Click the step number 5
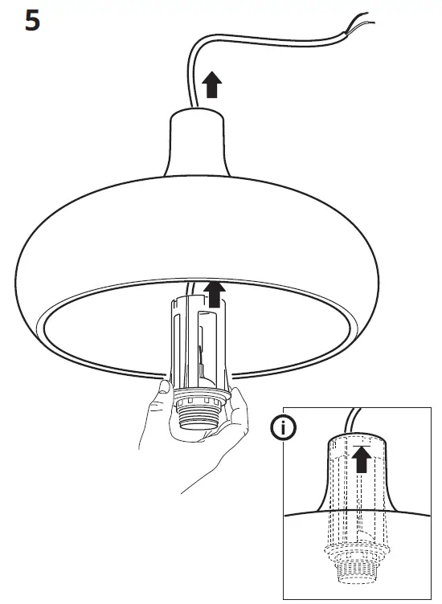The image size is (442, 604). click(32, 20)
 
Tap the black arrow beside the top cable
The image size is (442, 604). click(211, 84)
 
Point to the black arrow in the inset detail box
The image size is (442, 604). click(362, 460)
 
